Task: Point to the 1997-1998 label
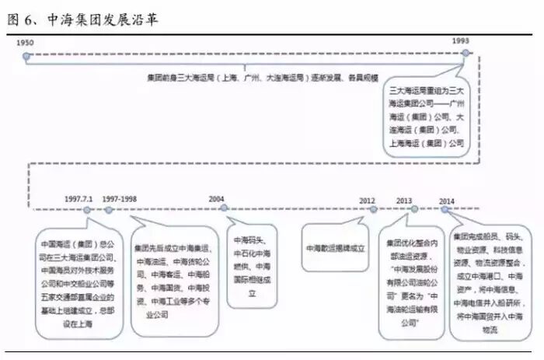[120, 199]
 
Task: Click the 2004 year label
[216, 199]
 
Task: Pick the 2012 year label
[367, 200]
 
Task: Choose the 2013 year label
[404, 200]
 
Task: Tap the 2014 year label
[446, 201]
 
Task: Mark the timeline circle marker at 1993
[466, 54]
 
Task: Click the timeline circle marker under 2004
[223, 208]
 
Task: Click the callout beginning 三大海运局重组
[427, 117]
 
